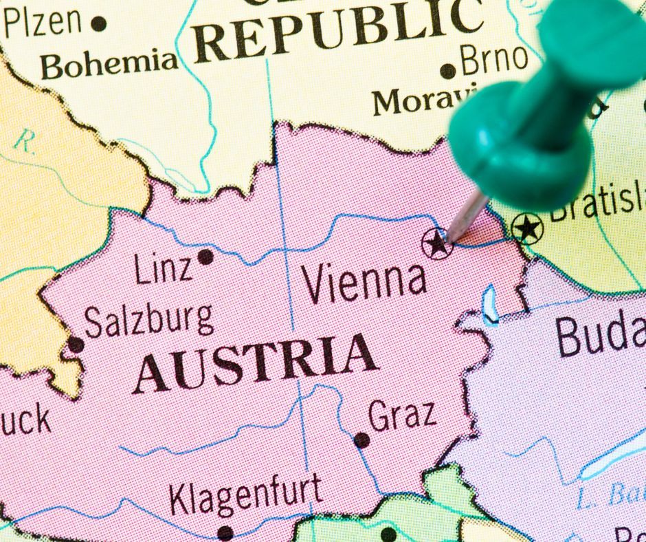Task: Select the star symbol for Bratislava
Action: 528,228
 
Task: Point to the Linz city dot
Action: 205,257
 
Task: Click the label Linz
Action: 164,269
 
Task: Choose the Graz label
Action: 402,415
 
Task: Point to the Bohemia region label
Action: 109,65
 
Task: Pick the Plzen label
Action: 43,22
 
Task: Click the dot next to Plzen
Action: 99,24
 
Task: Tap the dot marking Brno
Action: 448,70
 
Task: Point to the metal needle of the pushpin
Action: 469,215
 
